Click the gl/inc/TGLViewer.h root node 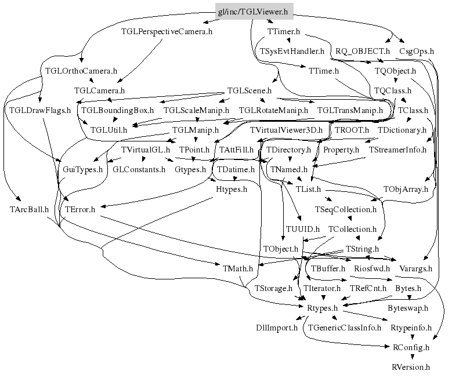252,10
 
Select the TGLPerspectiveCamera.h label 167,31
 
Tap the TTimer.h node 284,31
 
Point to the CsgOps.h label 417,52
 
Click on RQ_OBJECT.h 363,52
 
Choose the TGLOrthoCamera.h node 81,71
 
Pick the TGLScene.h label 249,91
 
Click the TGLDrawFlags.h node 39,110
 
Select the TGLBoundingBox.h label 117,110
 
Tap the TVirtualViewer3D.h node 286,130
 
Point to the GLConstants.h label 138,170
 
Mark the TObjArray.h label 406,190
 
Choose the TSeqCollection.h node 345,209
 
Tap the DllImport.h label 277,328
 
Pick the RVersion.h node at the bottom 411,367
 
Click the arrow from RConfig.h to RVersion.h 411,357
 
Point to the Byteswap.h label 408,308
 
